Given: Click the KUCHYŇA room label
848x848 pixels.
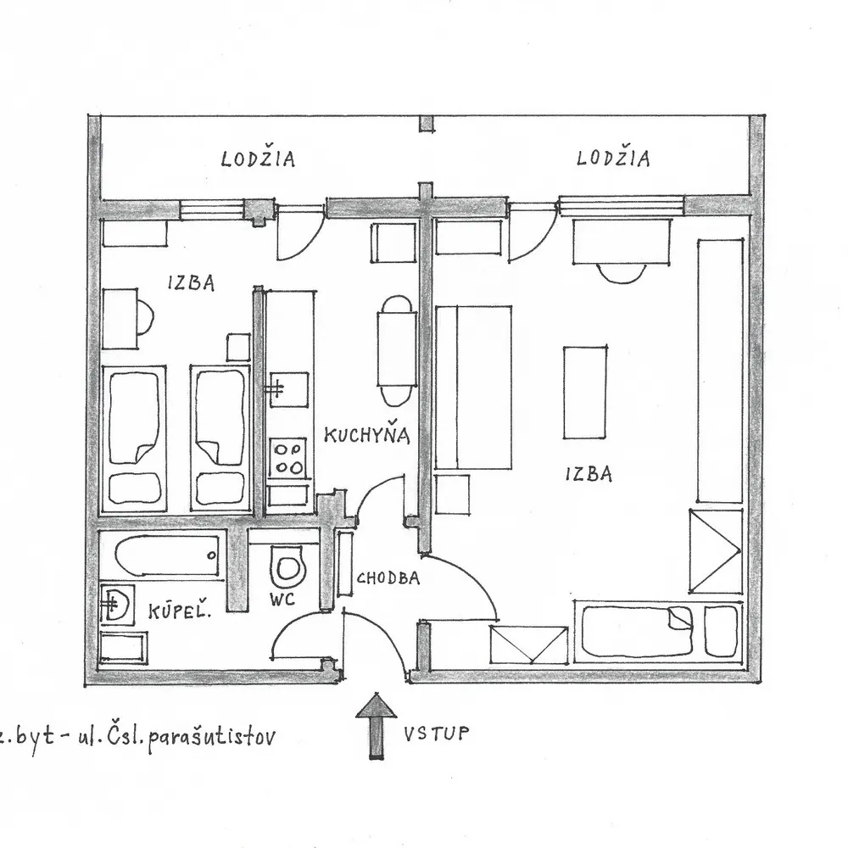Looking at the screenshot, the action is click(x=366, y=435).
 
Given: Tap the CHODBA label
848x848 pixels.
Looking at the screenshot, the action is click(x=388, y=578).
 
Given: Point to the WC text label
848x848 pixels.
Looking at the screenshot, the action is click(x=283, y=599).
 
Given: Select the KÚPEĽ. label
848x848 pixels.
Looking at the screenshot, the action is click(x=179, y=611).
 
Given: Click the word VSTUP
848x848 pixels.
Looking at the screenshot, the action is click(x=436, y=734).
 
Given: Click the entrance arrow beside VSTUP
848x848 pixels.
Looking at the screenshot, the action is click(x=376, y=726).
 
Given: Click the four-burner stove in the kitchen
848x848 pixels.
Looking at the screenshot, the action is click(x=288, y=458).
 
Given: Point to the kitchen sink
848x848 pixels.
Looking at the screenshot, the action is click(x=288, y=389).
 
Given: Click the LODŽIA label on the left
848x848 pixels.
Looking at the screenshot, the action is click(x=258, y=159).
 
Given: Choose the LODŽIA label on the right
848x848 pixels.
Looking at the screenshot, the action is click(x=613, y=158).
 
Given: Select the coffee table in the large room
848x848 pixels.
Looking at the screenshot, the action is click(x=584, y=393).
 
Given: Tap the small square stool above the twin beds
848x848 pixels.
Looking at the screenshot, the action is click(x=238, y=347).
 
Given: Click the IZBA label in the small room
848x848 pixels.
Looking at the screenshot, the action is click(x=191, y=282).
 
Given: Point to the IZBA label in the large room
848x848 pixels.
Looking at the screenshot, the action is click(x=589, y=474).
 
